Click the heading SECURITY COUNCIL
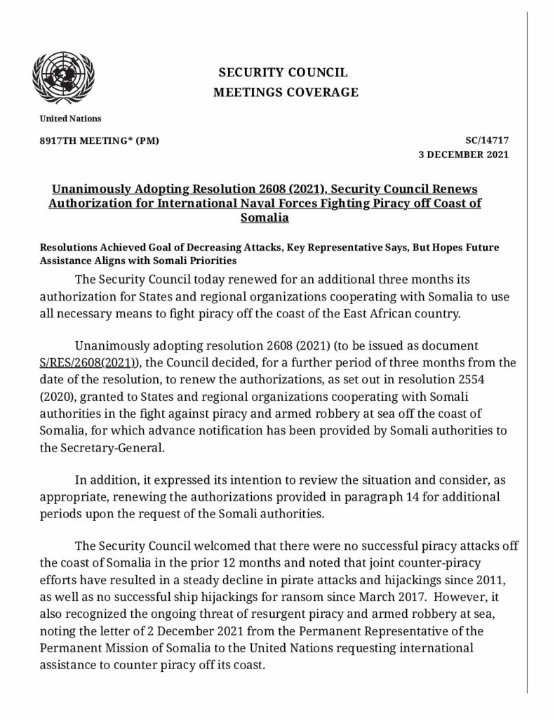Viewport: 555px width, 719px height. (283, 73)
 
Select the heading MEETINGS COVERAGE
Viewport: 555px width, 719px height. (286, 92)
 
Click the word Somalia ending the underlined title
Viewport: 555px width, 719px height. (265, 218)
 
